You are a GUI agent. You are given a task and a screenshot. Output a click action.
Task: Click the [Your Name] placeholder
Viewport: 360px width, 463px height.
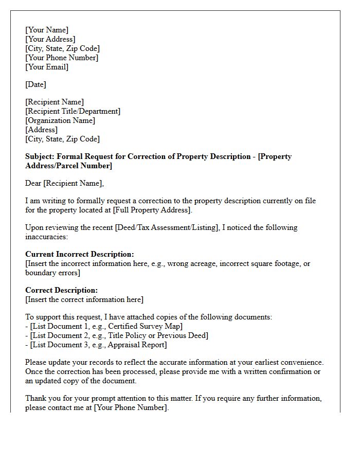47,30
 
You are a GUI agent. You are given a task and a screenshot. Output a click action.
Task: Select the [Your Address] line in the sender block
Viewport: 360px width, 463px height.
50,39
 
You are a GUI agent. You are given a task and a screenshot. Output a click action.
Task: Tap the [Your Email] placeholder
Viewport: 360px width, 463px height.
47,67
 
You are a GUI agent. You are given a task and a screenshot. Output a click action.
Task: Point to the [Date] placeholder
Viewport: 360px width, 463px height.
36,84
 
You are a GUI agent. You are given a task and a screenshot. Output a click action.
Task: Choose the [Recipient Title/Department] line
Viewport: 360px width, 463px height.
73,111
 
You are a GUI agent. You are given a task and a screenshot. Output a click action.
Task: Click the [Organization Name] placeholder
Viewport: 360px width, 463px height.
60,120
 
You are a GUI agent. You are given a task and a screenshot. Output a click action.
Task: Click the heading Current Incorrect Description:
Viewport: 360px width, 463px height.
80,254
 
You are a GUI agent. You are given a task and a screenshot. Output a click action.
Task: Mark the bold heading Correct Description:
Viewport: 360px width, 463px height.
61,290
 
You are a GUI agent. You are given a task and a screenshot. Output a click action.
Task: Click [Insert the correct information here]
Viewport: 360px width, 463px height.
84,299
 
